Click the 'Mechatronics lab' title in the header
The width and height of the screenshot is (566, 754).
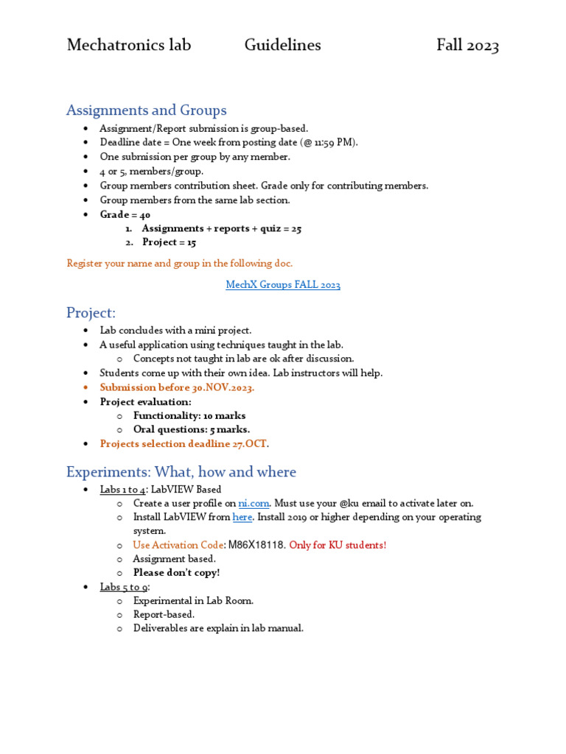[129, 46]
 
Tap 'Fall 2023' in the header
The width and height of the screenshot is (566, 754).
[467, 46]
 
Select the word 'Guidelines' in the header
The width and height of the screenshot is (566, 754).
[283, 46]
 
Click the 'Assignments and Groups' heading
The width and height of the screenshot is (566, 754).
[147, 110]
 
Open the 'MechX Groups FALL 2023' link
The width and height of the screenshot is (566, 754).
[283, 285]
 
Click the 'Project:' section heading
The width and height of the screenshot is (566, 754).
[91, 313]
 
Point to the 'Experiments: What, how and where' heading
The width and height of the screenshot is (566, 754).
[181, 472]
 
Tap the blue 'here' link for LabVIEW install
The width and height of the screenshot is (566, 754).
[242, 518]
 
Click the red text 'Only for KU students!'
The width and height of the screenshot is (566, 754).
[338, 546]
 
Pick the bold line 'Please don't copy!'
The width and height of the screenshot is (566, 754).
[176, 573]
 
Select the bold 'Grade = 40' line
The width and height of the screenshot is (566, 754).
[125, 214]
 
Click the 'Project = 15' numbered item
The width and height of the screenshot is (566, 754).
[169, 242]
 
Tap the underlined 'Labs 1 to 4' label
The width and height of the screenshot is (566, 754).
[124, 490]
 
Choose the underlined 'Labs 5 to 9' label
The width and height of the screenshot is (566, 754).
[125, 587]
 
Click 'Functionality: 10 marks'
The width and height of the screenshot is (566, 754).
[189, 416]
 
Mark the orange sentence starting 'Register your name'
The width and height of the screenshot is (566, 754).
[179, 264]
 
